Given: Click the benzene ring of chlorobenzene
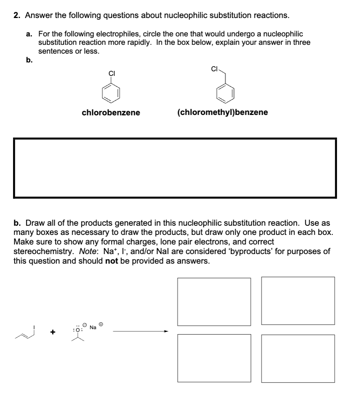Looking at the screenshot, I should (x=111, y=94).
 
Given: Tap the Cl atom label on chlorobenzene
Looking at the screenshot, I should (x=111, y=73).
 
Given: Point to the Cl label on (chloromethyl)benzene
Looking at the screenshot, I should (x=214, y=69).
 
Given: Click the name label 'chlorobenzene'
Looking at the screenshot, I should (x=111, y=113).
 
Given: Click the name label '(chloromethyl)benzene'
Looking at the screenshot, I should (x=223, y=113).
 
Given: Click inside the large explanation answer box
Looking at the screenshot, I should (x=175, y=168).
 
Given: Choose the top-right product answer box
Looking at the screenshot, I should (x=298, y=301).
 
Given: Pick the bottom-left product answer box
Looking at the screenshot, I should (x=214, y=358).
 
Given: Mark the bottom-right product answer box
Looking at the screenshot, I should (x=298, y=358).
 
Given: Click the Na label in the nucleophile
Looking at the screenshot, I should (x=93, y=327).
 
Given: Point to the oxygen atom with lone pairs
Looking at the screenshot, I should (x=79, y=329).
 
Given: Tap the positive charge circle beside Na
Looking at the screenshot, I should (x=101, y=324).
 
